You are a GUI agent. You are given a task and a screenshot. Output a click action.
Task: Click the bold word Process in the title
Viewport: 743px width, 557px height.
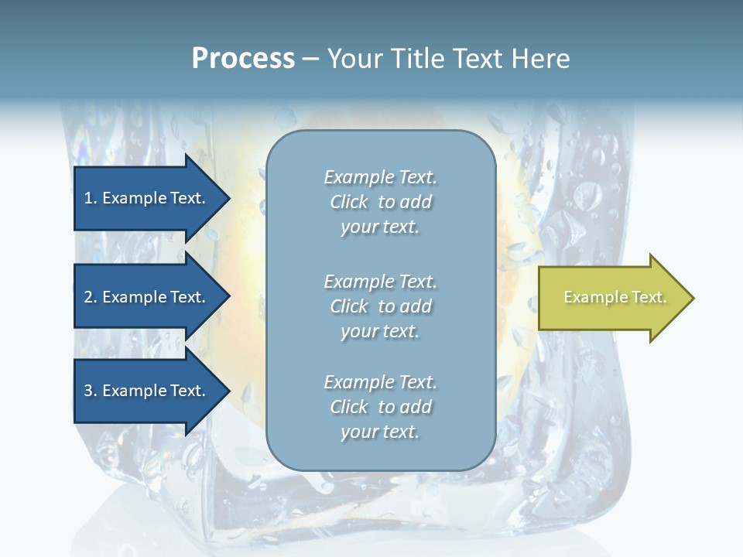(244, 59)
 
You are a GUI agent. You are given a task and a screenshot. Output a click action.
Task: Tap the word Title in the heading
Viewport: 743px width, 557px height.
(416, 59)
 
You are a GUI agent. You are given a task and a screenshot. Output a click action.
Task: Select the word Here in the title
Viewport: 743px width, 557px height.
(540, 59)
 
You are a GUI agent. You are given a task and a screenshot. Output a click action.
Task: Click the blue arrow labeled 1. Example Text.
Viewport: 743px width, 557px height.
(152, 198)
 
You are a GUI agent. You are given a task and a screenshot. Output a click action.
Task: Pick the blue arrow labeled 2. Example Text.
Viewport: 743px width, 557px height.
(152, 296)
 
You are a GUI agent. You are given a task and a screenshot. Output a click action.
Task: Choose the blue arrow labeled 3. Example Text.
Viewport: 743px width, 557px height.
(152, 391)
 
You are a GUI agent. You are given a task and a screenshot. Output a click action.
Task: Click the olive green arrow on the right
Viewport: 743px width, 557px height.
(616, 298)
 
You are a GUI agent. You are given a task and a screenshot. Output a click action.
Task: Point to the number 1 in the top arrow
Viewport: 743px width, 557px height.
(88, 198)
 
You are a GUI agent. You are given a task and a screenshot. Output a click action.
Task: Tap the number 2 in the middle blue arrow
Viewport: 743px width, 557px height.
(89, 297)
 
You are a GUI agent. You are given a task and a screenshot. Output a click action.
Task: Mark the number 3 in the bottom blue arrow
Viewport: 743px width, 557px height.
(89, 391)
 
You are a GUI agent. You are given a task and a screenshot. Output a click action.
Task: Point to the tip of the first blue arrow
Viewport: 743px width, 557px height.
(230, 198)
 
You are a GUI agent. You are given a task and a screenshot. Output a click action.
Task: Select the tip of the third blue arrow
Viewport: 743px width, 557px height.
(230, 391)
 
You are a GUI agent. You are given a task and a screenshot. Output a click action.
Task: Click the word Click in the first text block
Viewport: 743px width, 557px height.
(349, 202)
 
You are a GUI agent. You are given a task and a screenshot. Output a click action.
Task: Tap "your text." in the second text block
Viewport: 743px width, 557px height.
(380, 332)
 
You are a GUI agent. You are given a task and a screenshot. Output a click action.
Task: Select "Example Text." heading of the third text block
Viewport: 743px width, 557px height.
(381, 381)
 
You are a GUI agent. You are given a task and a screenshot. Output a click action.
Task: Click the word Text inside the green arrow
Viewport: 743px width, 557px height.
(649, 297)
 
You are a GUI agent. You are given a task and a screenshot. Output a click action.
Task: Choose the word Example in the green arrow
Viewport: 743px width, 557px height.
(596, 297)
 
